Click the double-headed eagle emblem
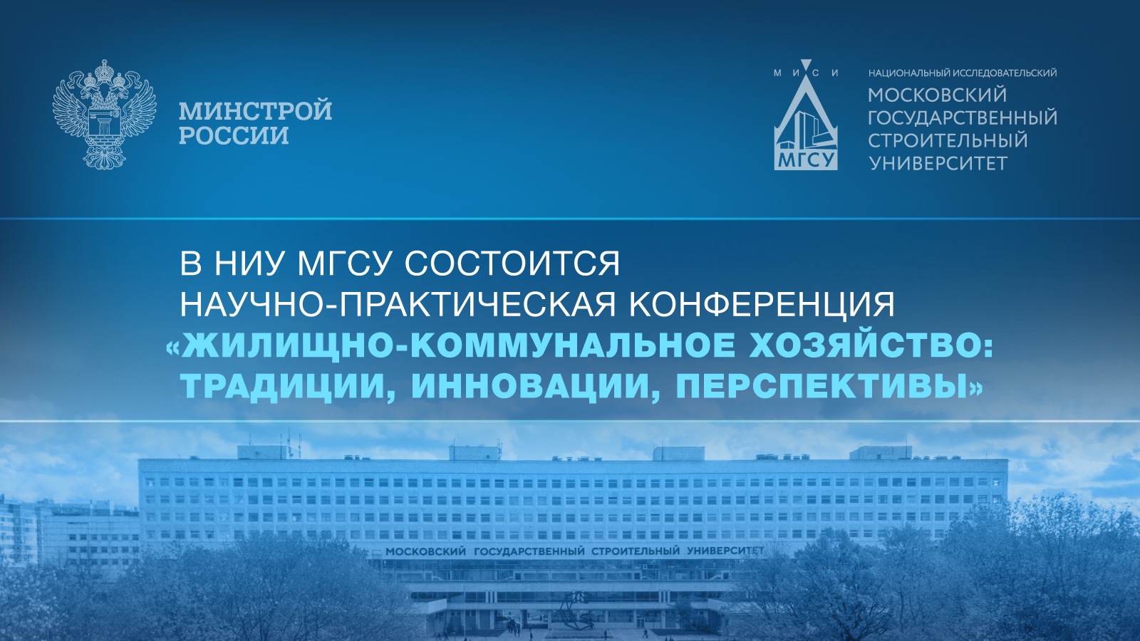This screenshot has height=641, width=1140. point(104,113)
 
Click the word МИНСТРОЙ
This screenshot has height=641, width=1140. point(256,110)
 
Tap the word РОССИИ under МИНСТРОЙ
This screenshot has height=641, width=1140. point(234,136)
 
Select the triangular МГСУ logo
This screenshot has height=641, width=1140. point(806,120)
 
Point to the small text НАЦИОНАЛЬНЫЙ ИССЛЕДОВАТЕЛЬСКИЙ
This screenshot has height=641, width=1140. point(963,73)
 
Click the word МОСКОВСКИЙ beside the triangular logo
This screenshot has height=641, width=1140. point(938,95)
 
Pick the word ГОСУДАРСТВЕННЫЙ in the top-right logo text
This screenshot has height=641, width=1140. point(963,118)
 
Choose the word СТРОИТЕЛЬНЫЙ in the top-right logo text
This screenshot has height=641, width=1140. point(948,140)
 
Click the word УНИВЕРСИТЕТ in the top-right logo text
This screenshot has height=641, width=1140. point(938,163)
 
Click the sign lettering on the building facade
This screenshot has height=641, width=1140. point(575,551)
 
